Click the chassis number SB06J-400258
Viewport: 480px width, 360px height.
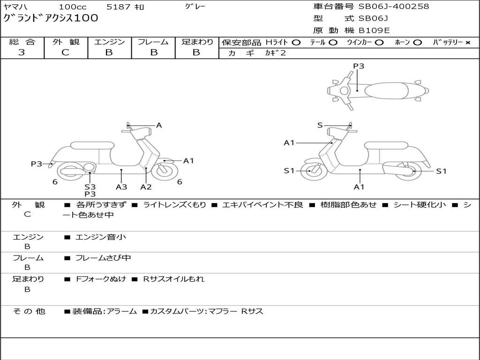pyautogui.click(x=394, y=7)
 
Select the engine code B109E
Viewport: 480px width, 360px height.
pyautogui.click(x=374, y=30)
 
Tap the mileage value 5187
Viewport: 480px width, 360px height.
pyautogui.click(x=119, y=7)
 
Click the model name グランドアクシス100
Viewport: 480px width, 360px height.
pyautogui.click(x=51, y=18)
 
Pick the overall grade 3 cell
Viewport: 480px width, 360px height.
pyautogui.click(x=22, y=52)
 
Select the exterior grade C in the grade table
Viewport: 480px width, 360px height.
pyautogui.click(x=66, y=52)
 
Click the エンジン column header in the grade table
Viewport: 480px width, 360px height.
pyautogui.click(x=109, y=42)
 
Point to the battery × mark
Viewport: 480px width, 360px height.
pyautogui.click(x=467, y=42)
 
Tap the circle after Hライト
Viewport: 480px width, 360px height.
pyautogui.click(x=296, y=42)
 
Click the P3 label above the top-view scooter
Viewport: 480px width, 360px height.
pyautogui.click(x=359, y=66)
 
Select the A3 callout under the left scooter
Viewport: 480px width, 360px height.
pyautogui.click(x=121, y=187)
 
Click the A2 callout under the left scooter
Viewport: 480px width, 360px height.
pyautogui.click(x=146, y=187)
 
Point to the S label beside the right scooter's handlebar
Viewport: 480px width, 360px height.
pyautogui.click(x=320, y=125)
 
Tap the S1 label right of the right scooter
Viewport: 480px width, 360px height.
pyautogui.click(x=441, y=171)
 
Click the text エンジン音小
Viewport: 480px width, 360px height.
pyautogui.click(x=101, y=237)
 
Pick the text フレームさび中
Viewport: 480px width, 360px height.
pyautogui.click(x=103, y=258)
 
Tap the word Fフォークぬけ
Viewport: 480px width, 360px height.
pyautogui.click(x=101, y=279)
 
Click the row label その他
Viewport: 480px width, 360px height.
pyautogui.click(x=29, y=311)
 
